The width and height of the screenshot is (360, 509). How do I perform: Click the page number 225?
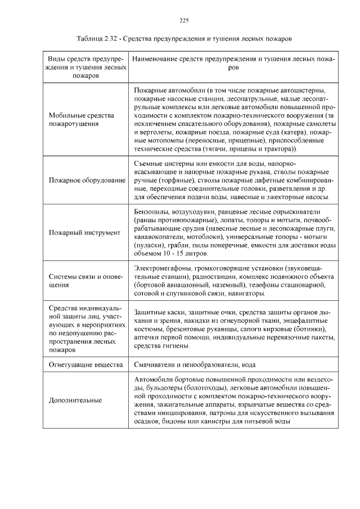[183, 21]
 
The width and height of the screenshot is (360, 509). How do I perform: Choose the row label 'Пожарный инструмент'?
[84, 232]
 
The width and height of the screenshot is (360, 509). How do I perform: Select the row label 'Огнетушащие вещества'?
[85, 365]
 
